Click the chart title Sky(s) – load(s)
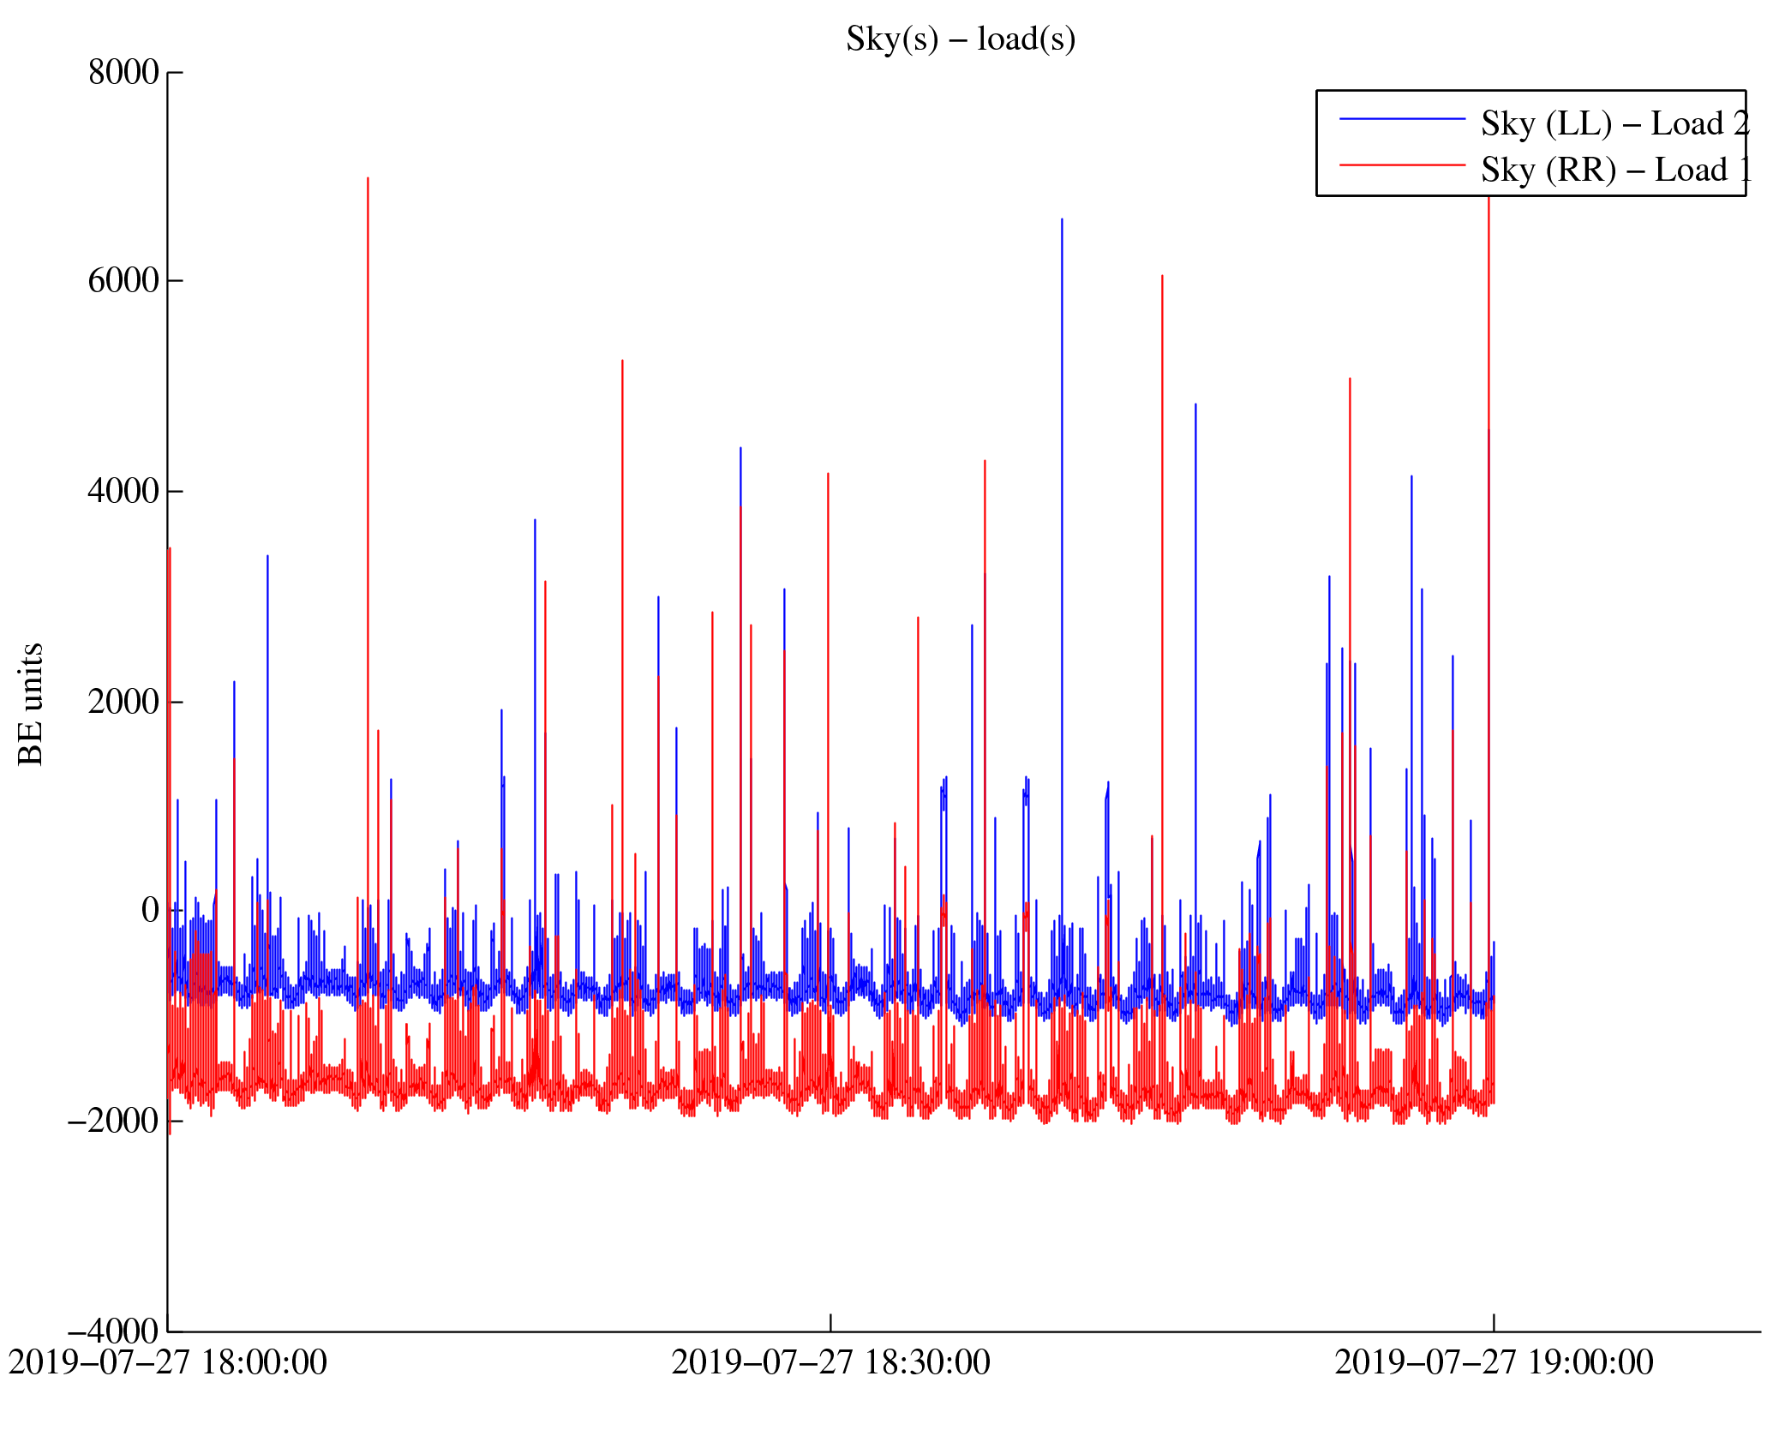pyautogui.click(x=960, y=39)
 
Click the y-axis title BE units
pyautogui.click(x=31, y=703)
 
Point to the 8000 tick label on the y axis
pyautogui.click(x=123, y=73)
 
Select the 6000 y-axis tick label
pyautogui.click(x=123, y=281)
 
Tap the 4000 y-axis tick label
pyautogui.click(x=123, y=492)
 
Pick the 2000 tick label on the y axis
pyautogui.click(x=123, y=702)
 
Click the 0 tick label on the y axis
pyautogui.click(x=150, y=911)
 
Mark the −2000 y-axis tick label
pyautogui.click(x=113, y=1121)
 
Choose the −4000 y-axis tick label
pyautogui.click(x=113, y=1331)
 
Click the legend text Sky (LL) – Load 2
pyautogui.click(x=1614, y=124)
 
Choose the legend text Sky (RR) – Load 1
pyautogui.click(x=1615, y=171)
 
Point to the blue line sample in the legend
pyautogui.click(x=1402, y=119)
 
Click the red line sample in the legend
pyautogui.click(x=1402, y=165)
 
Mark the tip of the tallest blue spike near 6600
pyautogui.click(x=1062, y=220)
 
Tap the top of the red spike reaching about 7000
pyautogui.click(x=368, y=179)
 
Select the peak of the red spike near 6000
pyautogui.click(x=1162, y=277)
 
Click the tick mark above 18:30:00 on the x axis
pyautogui.click(x=830, y=1322)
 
